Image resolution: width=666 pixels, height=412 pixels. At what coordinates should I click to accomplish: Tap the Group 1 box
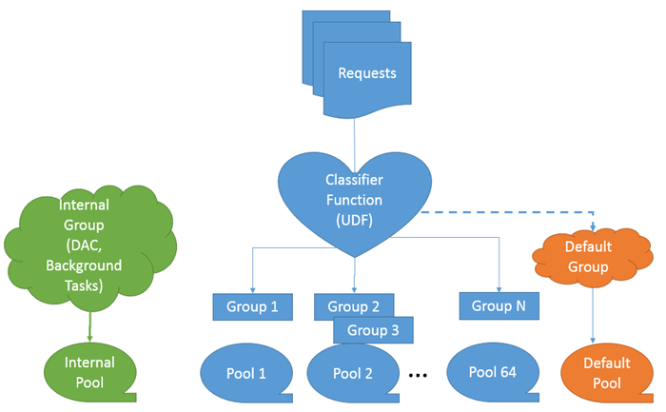[252, 306]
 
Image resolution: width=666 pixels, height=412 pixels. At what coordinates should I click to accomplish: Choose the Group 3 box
[373, 330]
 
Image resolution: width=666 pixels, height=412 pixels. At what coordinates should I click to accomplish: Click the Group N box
[499, 305]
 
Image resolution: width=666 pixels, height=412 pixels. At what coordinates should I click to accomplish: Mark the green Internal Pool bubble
[89, 372]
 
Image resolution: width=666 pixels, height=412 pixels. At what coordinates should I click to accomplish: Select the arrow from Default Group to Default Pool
[594, 314]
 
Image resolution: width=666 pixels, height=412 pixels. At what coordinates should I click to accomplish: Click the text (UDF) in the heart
[353, 220]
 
